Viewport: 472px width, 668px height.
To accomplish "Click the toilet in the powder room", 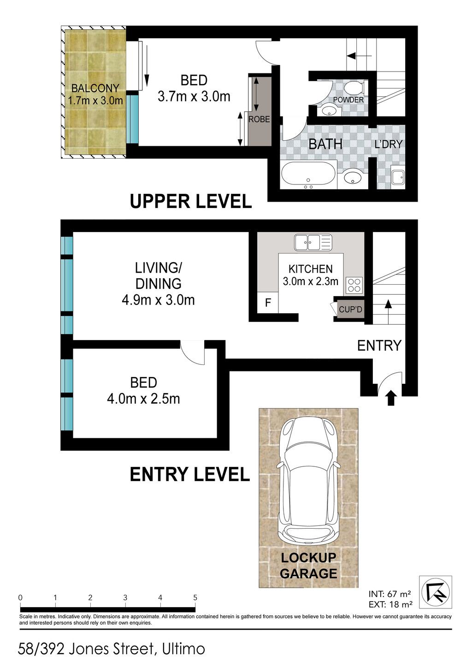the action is pyautogui.click(x=355, y=88).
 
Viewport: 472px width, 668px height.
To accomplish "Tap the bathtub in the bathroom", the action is pyautogui.click(x=308, y=175).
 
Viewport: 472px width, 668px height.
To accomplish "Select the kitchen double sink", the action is pyautogui.click(x=313, y=242).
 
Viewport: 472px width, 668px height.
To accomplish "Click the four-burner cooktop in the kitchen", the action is pyautogui.click(x=354, y=285).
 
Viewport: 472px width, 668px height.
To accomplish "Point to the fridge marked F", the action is pyautogui.click(x=268, y=303).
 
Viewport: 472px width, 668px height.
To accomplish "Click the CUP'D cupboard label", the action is pyautogui.click(x=350, y=309).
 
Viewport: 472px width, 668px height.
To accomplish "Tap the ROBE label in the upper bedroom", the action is pyautogui.click(x=259, y=119).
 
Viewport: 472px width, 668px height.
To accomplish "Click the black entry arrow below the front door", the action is pyautogui.click(x=391, y=399).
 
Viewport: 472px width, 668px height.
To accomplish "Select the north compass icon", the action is pyautogui.click(x=435, y=592).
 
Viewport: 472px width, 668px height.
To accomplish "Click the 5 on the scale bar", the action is pyautogui.click(x=195, y=597).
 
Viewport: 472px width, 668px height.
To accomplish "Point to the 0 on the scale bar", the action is pyautogui.click(x=20, y=597).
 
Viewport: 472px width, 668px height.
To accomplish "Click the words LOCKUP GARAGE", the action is pyautogui.click(x=308, y=566).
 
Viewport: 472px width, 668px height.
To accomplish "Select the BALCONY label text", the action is pyautogui.click(x=95, y=88).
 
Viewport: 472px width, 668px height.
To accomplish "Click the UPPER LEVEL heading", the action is pyautogui.click(x=191, y=201).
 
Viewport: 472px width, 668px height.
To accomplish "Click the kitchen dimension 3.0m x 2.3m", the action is pyautogui.click(x=311, y=281).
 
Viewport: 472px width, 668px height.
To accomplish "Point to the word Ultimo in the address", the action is pyautogui.click(x=183, y=649).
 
